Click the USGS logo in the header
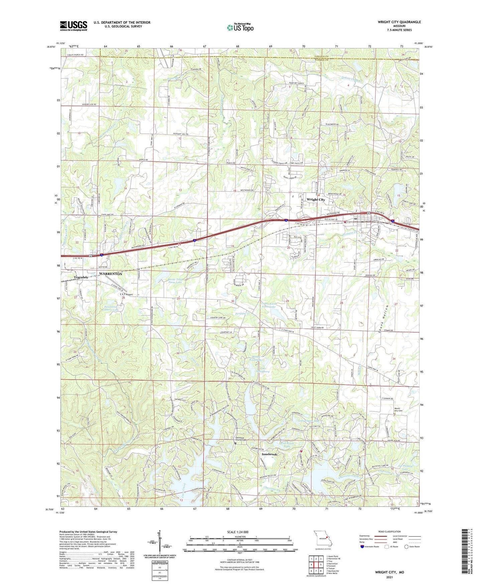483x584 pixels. [74, 26]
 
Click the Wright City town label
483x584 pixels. [316, 200]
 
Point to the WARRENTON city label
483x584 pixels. [111, 274]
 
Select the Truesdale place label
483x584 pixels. [81, 278]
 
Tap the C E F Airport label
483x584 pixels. [126, 295]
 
